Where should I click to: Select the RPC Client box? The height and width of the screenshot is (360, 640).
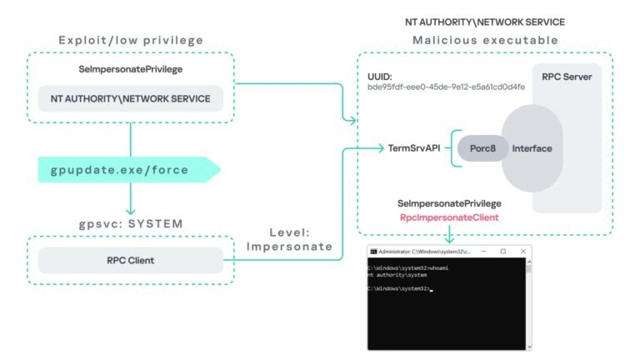coord(131,261)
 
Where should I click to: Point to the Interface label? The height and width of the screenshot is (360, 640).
coord(532,148)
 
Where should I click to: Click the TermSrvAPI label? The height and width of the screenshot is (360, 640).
coord(414,148)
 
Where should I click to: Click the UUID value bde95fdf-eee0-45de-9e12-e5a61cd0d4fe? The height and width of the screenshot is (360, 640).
coord(446,87)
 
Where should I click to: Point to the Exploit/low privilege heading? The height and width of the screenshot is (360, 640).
coord(131,40)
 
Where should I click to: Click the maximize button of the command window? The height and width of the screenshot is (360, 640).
coord(502,251)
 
